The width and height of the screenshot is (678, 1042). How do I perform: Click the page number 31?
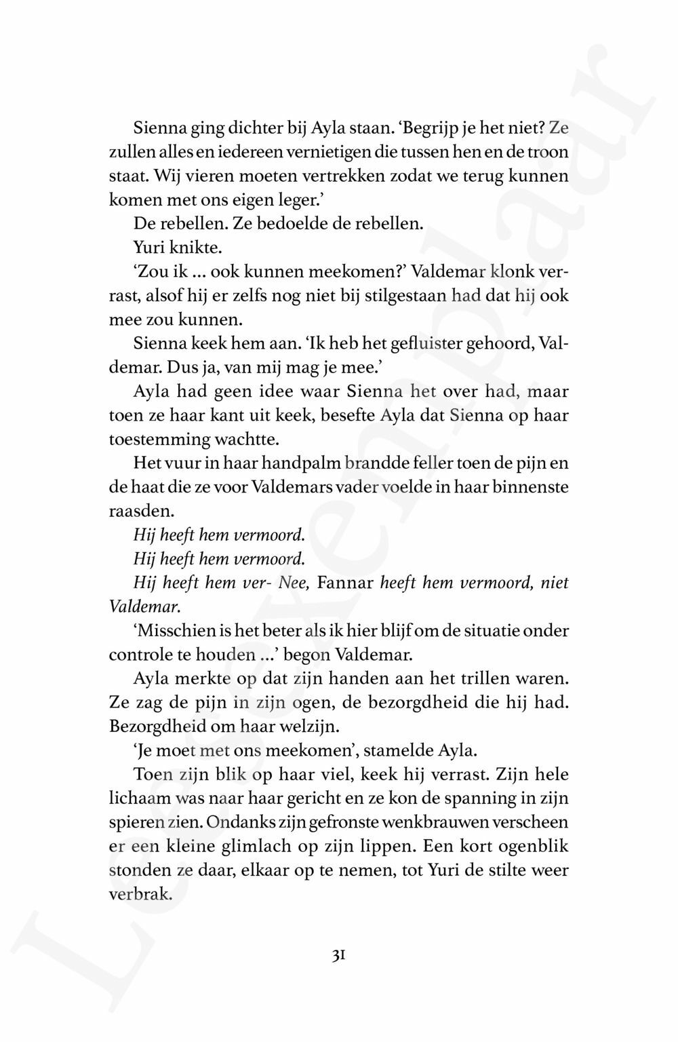point(339,955)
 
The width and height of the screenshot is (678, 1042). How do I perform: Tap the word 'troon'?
point(545,152)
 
